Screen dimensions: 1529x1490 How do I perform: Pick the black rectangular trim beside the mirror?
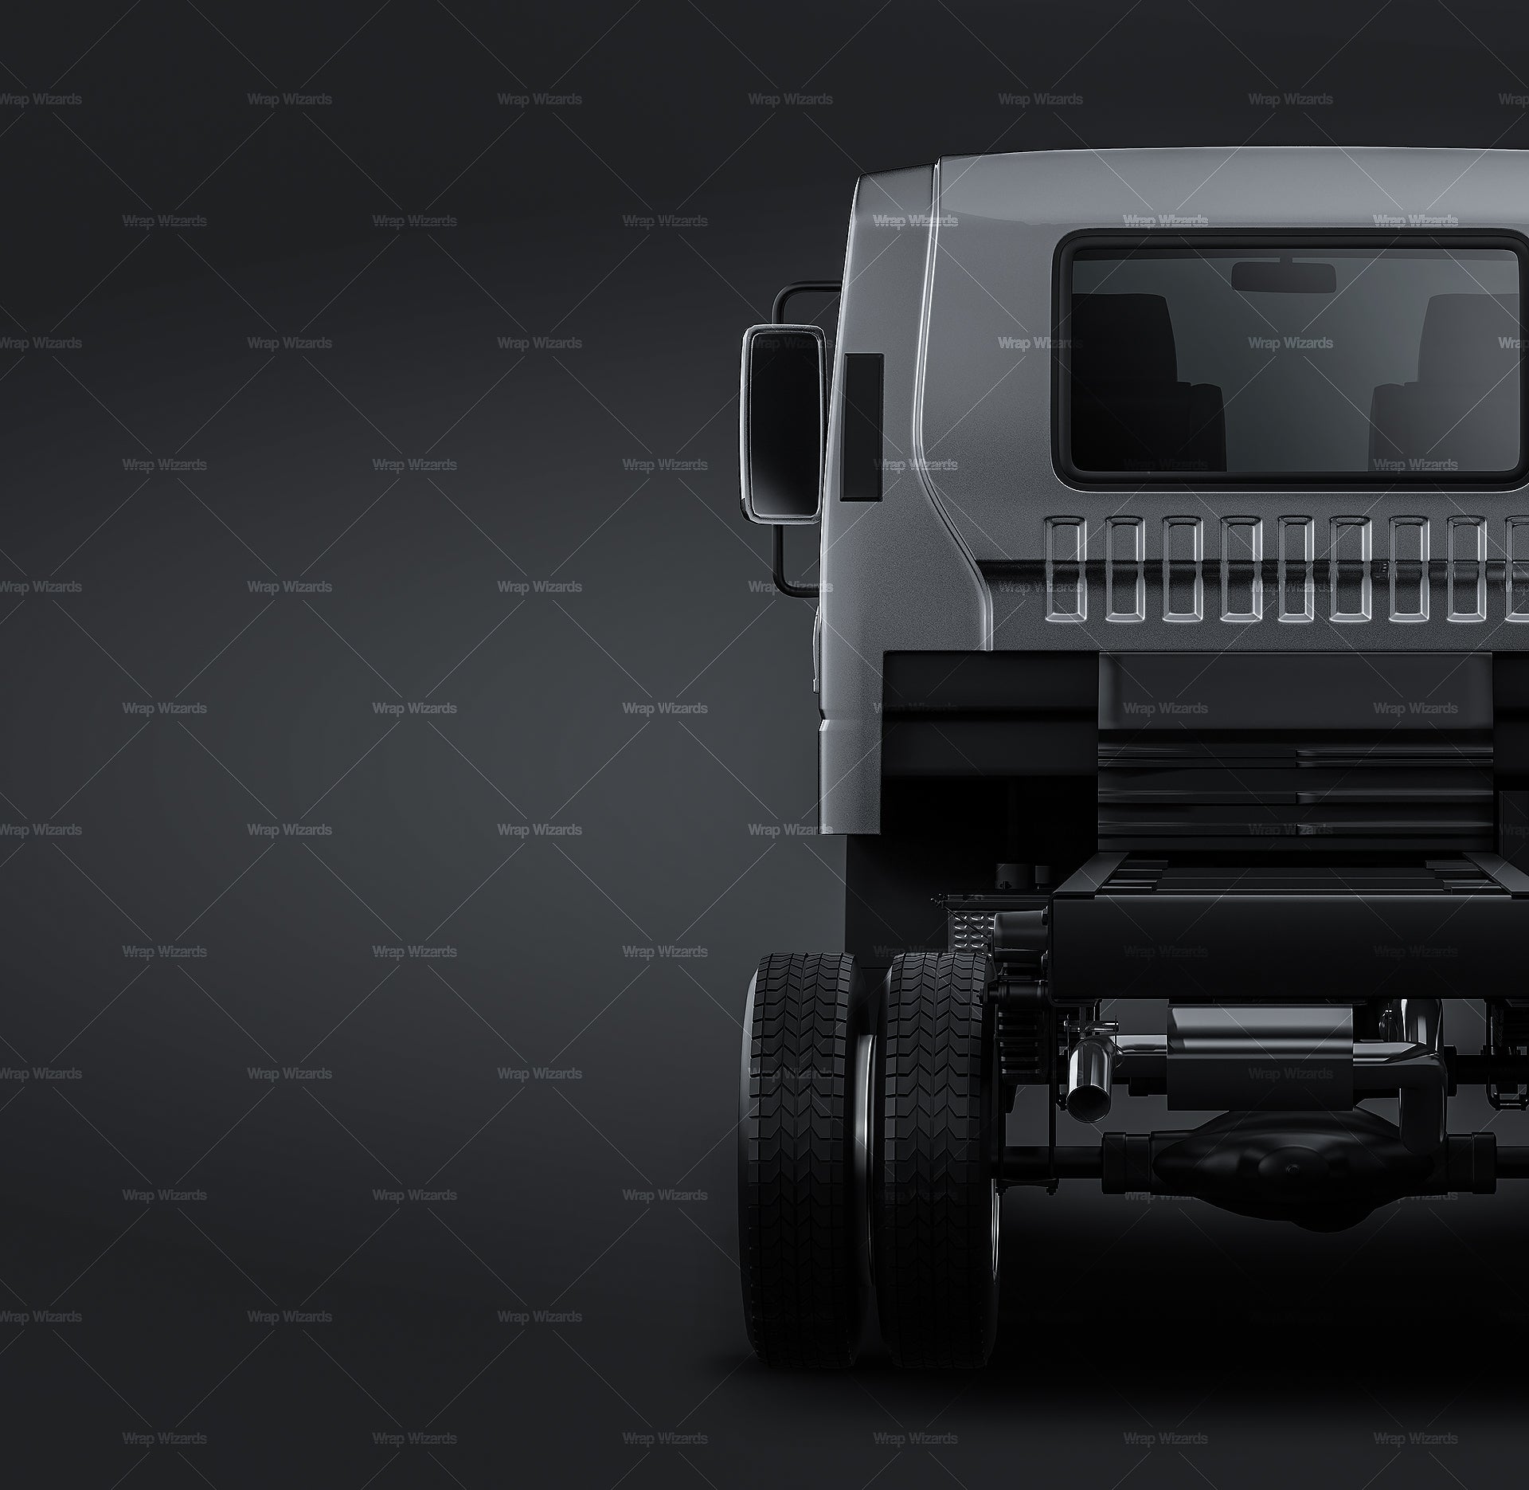pyautogui.click(x=863, y=426)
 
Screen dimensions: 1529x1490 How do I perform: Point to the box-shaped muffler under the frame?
pyautogui.click(x=1260, y=1057)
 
